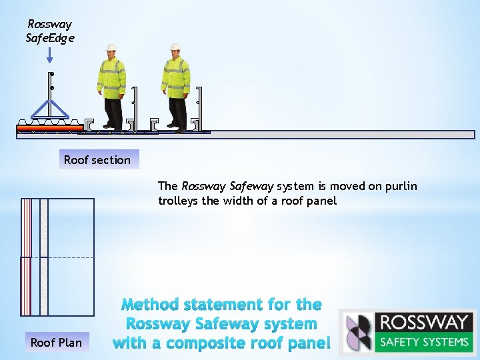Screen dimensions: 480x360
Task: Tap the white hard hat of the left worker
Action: pyautogui.click(x=111, y=48)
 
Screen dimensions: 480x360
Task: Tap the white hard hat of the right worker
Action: pyautogui.click(x=175, y=48)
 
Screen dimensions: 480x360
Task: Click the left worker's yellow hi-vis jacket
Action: pyautogui.click(x=111, y=77)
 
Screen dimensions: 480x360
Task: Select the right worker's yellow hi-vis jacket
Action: pyautogui.click(x=175, y=77)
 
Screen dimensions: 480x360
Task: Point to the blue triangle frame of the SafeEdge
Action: pyautogui.click(x=51, y=109)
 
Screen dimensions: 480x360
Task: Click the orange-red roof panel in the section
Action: pyautogui.click(x=50, y=127)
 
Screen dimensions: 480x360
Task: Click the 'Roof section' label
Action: pyautogui.click(x=97, y=160)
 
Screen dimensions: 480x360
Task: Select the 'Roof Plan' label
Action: pyautogui.click(x=57, y=343)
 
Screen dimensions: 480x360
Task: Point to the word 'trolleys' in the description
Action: pyautogui.click(x=178, y=201)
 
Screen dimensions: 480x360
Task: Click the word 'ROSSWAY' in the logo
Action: pyautogui.click(x=423, y=323)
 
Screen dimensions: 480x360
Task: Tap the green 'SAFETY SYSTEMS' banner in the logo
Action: pyautogui.click(x=423, y=343)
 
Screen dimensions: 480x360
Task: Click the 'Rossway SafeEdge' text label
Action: pyautogui.click(x=50, y=31)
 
